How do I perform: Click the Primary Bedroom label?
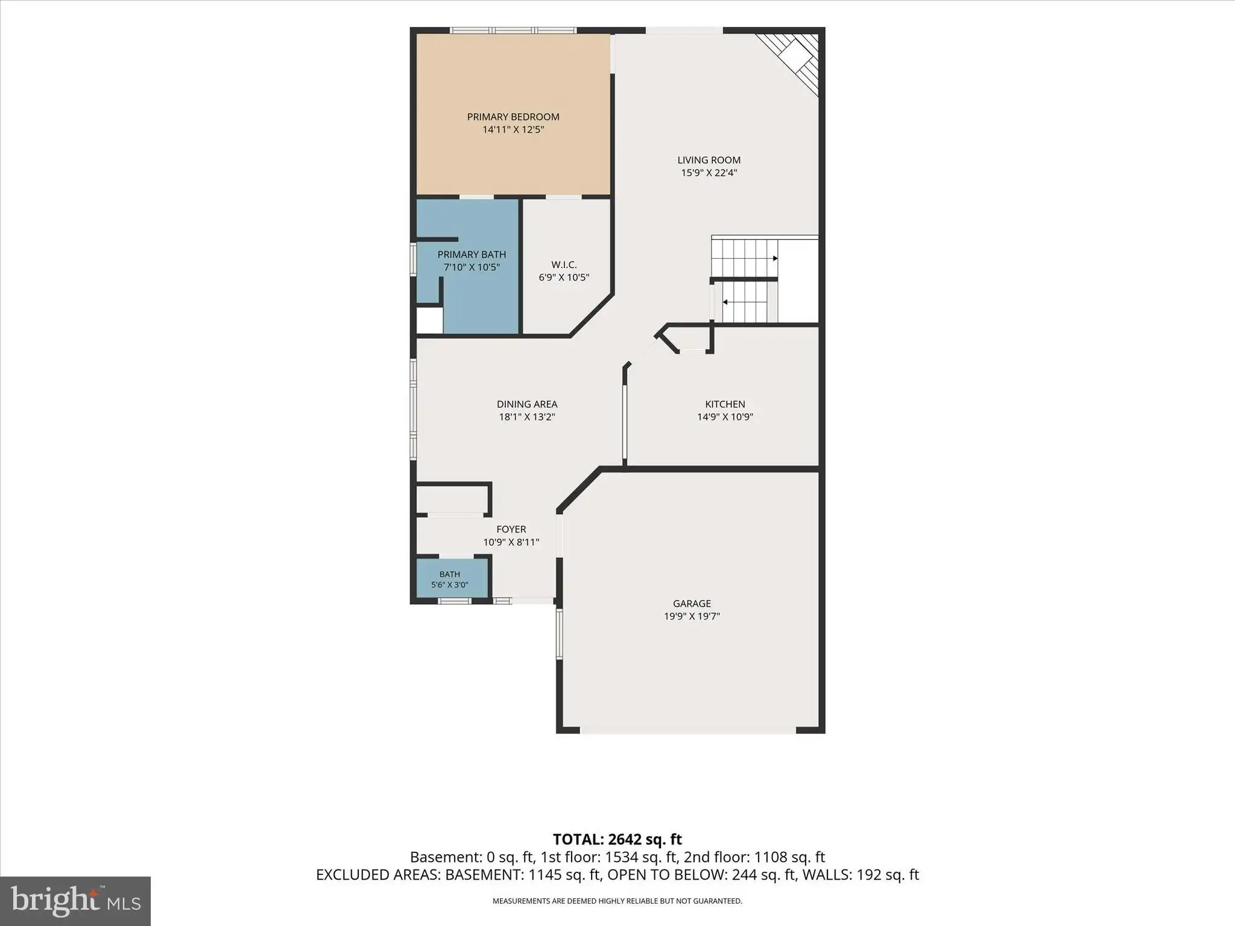[513, 117]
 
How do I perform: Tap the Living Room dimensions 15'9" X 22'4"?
[709, 173]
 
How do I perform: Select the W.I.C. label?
[564, 265]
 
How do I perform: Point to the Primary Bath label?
[472, 254]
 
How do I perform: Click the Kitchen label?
[725, 404]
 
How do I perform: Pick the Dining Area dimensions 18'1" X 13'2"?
[527, 417]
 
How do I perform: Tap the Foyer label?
[511, 529]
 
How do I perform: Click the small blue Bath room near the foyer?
[453, 578]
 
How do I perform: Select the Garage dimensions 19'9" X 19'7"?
[692, 616]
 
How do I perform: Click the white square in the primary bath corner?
[430, 320]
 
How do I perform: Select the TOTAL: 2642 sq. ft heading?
[617, 839]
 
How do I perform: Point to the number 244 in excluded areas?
[744, 875]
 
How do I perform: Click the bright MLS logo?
[75, 901]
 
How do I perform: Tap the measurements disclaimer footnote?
[617, 901]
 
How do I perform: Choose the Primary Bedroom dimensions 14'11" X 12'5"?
[513, 130]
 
